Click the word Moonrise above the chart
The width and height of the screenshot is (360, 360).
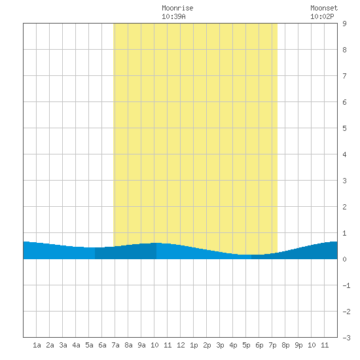point(177,8)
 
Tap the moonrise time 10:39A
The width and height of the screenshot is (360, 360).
point(173,16)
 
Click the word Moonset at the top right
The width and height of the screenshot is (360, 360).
point(324,8)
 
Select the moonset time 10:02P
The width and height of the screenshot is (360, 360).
point(322,16)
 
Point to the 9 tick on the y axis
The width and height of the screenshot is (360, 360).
point(344,24)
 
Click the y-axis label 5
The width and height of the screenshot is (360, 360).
point(344,128)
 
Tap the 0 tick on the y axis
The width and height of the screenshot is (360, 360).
point(344,259)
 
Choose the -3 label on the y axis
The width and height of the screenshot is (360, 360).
point(346,338)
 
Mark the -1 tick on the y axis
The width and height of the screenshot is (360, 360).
point(346,285)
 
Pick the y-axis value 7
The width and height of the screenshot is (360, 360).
point(344,76)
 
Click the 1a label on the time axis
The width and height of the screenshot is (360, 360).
point(37,345)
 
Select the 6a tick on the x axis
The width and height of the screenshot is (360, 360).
point(102,345)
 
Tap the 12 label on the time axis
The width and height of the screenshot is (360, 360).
point(181,345)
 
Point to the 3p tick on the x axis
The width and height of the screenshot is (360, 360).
point(220,345)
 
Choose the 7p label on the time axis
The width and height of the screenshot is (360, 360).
point(272,345)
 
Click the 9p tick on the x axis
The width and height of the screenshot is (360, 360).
point(298,345)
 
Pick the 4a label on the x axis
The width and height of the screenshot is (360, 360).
point(76,345)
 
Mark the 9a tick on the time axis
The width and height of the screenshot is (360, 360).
point(141,345)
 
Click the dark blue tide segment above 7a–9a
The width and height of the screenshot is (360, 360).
point(126,252)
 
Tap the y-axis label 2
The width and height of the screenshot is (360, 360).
point(344,207)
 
